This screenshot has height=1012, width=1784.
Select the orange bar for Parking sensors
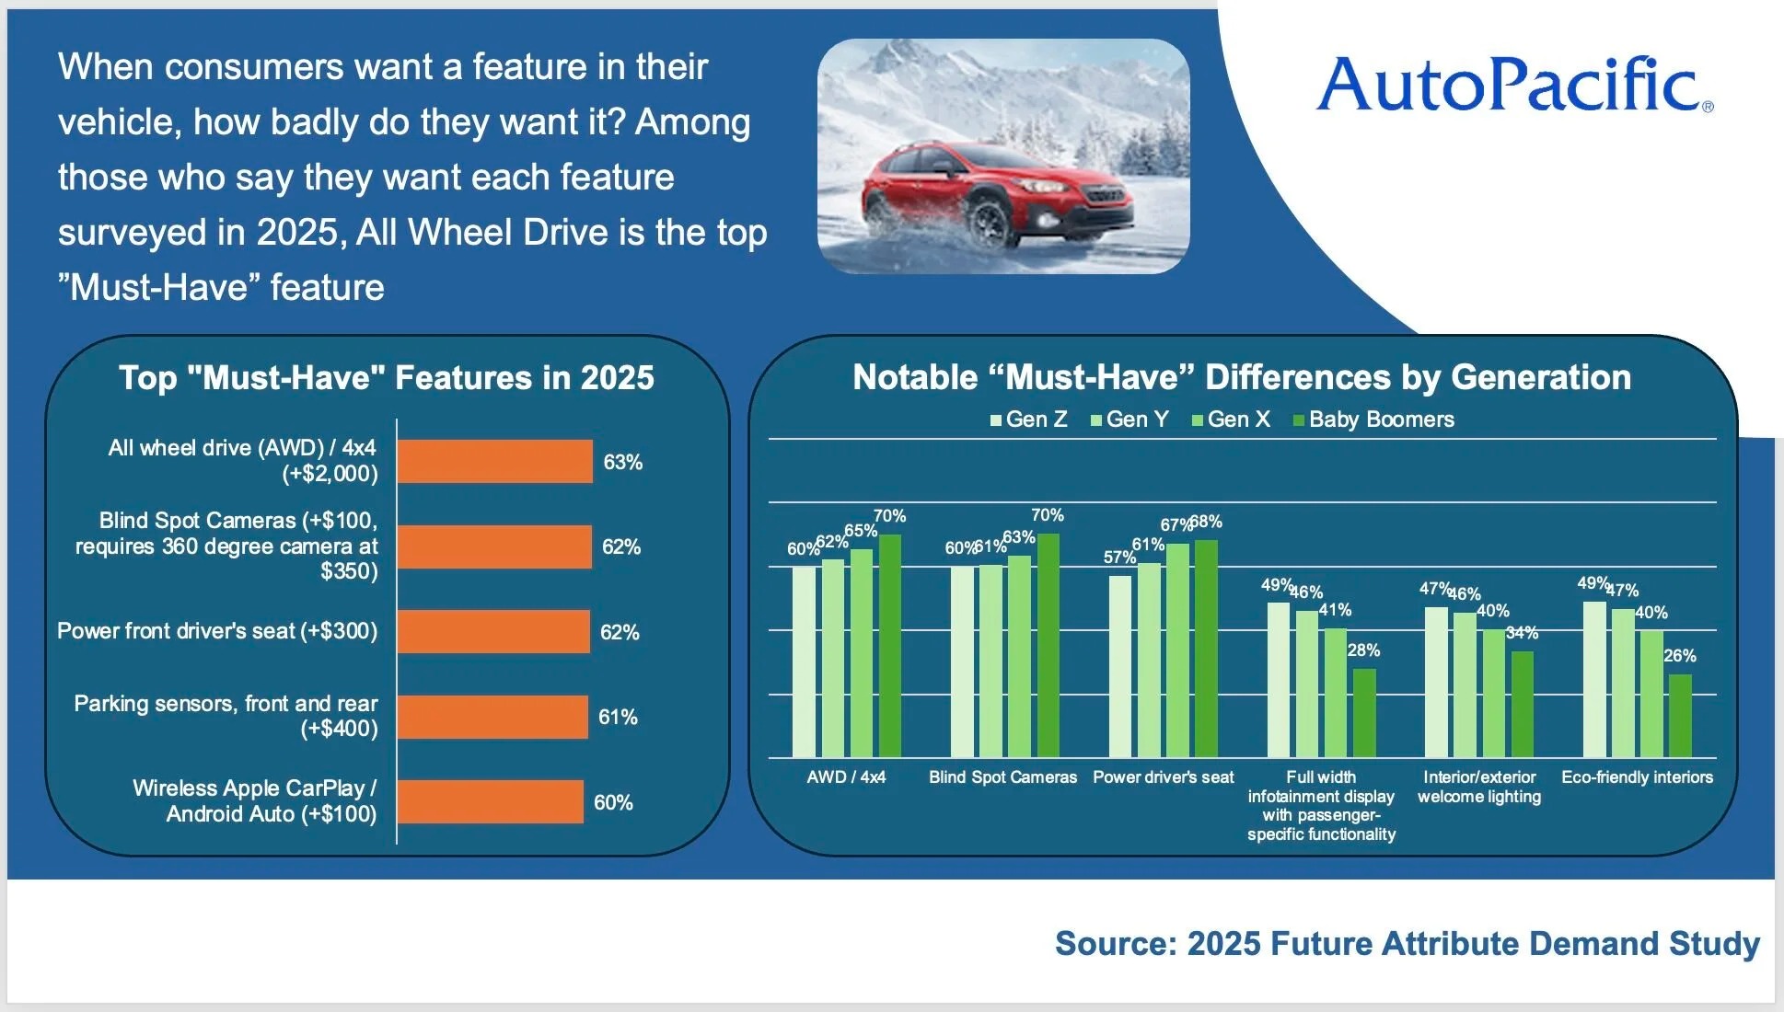tap(492, 717)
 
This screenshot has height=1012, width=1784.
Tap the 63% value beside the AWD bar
tap(622, 462)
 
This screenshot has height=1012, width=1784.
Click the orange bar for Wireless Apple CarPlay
tap(490, 801)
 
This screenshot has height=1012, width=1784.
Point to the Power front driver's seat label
tap(217, 631)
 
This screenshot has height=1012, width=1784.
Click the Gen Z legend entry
tap(1028, 420)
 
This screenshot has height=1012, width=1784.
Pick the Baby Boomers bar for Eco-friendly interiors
tap(1680, 716)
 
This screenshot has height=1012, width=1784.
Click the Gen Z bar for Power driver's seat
tap(1119, 666)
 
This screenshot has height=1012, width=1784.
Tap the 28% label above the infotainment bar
tap(1363, 650)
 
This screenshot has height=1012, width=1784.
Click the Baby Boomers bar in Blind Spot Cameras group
tap(1048, 645)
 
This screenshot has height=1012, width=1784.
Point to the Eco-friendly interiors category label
tap(1637, 777)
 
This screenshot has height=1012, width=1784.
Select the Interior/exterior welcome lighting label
tap(1479, 787)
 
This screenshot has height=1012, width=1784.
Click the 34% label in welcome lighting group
tap(1522, 633)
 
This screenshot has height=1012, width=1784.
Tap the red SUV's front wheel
tap(991, 222)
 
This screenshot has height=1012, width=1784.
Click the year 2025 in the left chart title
tap(617, 378)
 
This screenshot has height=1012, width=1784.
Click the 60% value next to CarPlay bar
tap(613, 802)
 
